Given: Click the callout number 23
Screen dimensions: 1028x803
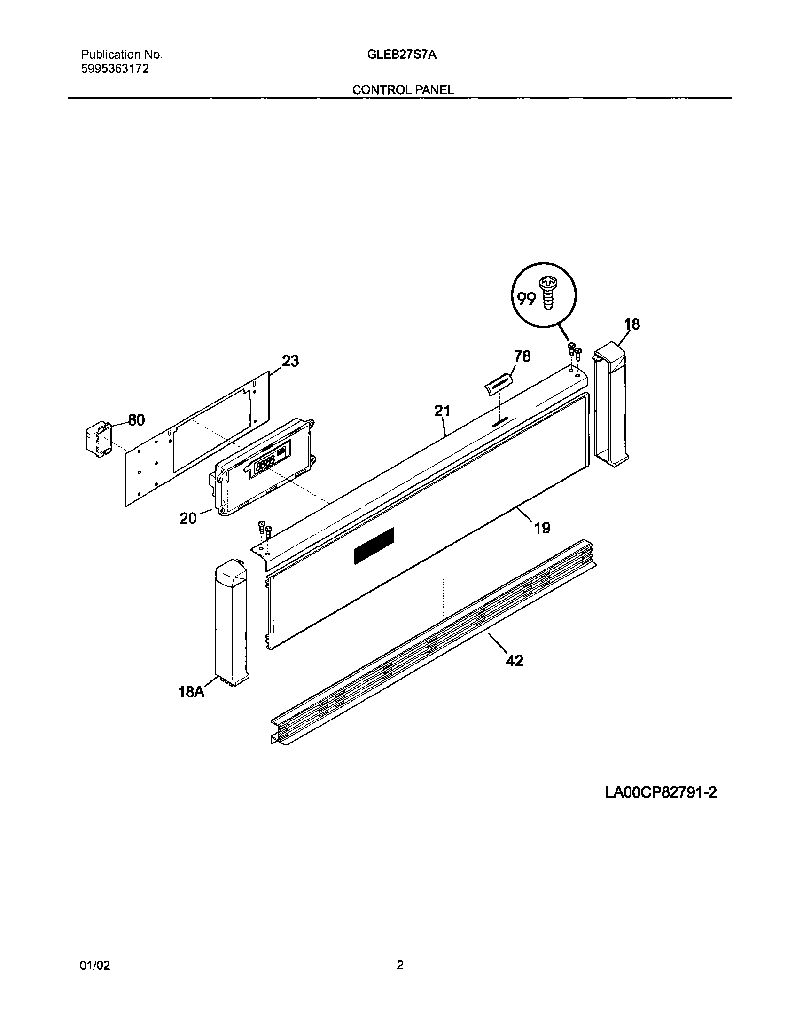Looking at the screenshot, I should pos(290,362).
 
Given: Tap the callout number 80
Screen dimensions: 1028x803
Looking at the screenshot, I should pos(136,420).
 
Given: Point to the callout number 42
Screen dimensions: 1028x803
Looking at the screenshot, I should pos(514,661).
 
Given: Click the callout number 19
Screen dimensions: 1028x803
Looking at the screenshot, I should pos(542,528).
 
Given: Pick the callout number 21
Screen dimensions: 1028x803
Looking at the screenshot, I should pos(442,411).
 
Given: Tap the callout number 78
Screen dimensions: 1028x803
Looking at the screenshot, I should pos(522,356).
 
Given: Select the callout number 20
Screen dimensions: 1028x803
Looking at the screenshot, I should pos(188,518).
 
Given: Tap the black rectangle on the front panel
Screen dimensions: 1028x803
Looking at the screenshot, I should pos(374,546).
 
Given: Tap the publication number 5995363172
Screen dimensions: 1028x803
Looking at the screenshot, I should pos(115,69).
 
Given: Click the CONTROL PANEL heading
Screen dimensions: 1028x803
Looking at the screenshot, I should pos(403,90).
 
